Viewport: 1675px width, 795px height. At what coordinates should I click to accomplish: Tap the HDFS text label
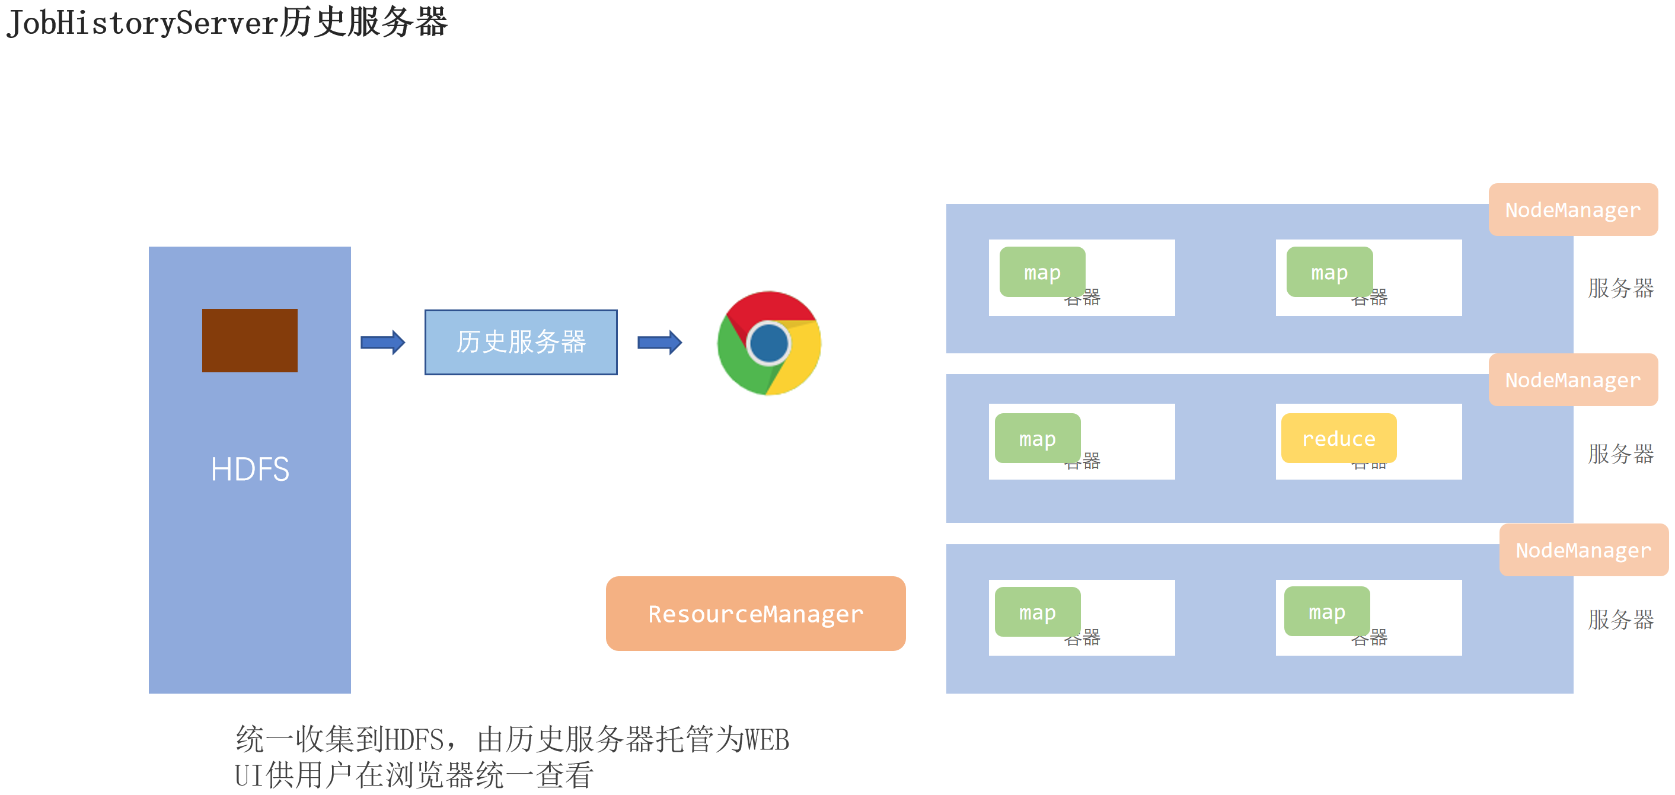(250, 469)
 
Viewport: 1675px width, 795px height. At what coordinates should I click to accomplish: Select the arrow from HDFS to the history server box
(383, 342)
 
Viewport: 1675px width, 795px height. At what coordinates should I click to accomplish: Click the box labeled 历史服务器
(521, 342)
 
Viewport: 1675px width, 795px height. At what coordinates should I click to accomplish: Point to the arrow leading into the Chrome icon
(659, 342)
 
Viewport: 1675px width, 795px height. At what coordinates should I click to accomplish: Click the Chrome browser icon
(769, 343)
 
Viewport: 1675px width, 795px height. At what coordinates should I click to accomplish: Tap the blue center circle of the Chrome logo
(768, 343)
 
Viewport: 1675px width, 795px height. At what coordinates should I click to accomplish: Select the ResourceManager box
(755, 613)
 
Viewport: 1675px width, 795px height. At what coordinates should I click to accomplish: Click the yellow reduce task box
(1338, 438)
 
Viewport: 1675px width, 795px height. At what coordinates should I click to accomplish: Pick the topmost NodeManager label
(1572, 209)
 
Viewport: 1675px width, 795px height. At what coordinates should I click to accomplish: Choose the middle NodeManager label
(1572, 379)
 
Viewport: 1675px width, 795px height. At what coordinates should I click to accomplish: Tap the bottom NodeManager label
(1583, 550)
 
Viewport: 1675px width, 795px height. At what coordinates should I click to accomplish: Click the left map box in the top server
(1042, 272)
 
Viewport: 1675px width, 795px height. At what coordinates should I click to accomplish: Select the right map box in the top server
(1329, 272)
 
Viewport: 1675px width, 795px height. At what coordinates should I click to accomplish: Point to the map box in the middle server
(1037, 438)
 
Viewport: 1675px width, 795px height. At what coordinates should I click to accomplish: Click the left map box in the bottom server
(1037, 612)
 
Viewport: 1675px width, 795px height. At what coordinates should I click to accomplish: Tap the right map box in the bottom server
(1326, 611)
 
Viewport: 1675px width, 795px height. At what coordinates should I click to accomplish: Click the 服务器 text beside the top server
(1620, 288)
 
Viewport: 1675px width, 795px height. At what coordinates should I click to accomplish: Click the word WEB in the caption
(767, 740)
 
